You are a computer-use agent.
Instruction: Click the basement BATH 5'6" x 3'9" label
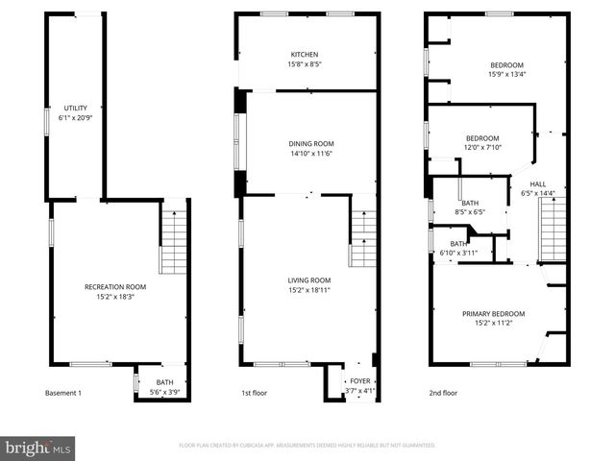click(164, 387)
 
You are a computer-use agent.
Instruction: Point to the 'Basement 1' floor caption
click(63, 394)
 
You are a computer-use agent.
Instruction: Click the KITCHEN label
click(305, 55)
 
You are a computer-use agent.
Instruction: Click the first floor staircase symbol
click(362, 237)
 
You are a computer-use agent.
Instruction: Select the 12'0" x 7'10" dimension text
click(483, 147)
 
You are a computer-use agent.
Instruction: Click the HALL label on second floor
click(537, 184)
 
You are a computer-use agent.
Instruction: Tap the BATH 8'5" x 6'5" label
click(470, 207)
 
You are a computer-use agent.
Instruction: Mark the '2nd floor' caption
click(443, 394)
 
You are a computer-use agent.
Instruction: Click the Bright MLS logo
click(39, 448)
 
